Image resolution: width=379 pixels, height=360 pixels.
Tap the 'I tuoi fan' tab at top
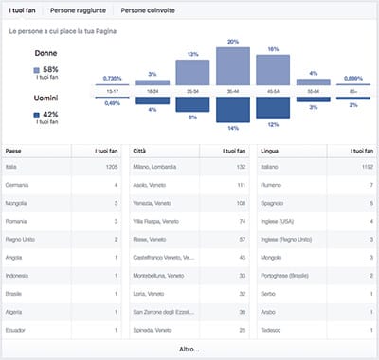(24, 10)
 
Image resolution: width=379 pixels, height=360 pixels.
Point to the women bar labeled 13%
(192, 73)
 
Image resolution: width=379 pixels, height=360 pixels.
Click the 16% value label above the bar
(273, 48)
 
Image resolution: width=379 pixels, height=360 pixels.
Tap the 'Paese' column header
(14, 151)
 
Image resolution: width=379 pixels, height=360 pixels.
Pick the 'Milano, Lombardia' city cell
(157, 168)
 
